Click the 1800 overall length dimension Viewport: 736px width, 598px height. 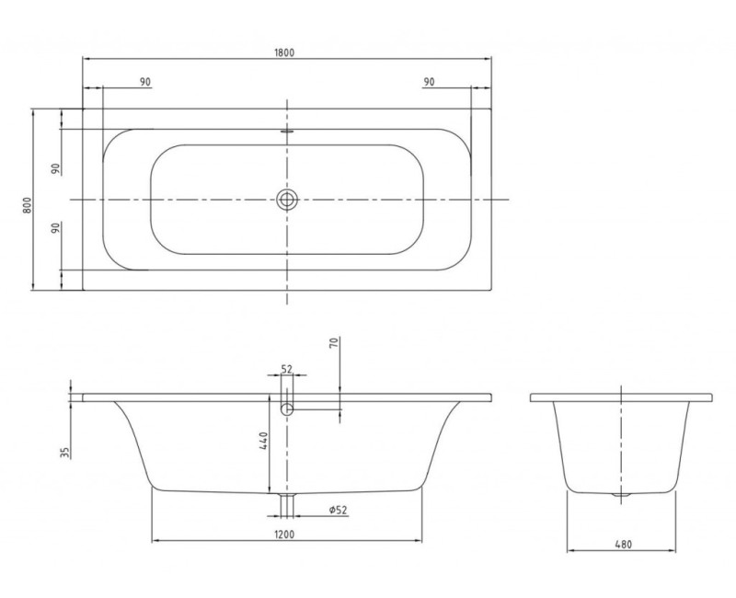click(285, 52)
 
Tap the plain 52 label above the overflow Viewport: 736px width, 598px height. click(286, 369)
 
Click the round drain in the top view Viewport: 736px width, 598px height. click(287, 200)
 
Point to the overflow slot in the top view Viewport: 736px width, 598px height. click(287, 131)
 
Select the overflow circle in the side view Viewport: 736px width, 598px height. click(287, 409)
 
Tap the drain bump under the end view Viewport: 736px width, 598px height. click(623, 495)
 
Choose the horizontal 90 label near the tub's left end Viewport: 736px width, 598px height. click(145, 82)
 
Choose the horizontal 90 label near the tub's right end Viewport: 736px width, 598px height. click(429, 82)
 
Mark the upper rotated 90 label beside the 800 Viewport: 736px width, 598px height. click(54, 167)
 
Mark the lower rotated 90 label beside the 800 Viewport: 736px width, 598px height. click(54, 229)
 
